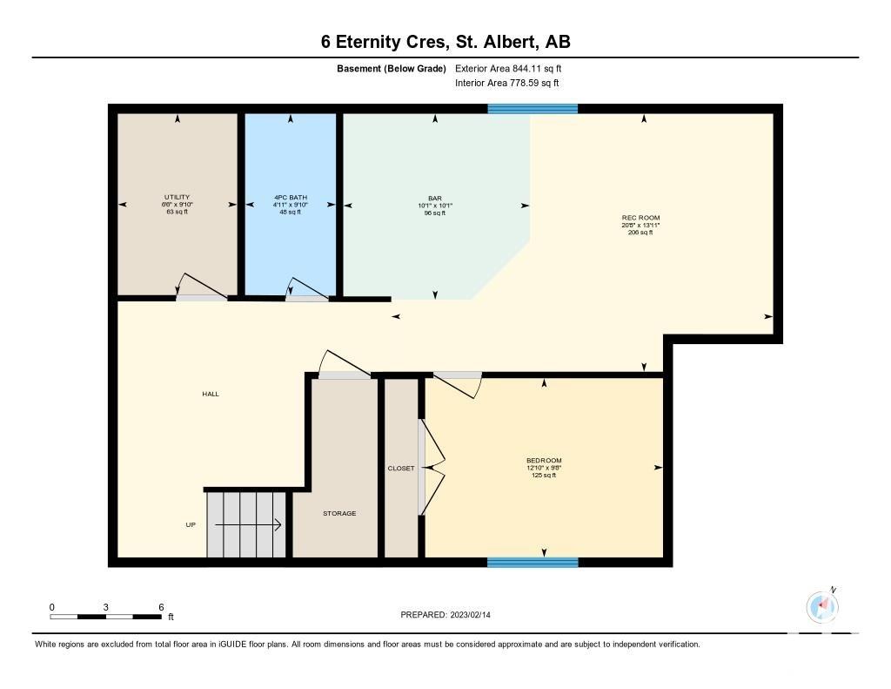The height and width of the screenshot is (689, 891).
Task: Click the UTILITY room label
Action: click(178, 197)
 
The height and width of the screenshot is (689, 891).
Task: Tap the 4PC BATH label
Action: click(291, 198)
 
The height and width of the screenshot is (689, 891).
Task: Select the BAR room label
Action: click(435, 199)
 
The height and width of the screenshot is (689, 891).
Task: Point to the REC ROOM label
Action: click(641, 218)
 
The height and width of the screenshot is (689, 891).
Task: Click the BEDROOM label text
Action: click(544, 460)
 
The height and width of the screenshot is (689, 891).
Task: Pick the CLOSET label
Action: click(401, 469)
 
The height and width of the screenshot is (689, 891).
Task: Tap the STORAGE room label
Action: click(340, 513)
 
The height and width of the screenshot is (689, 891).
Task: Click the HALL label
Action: click(211, 394)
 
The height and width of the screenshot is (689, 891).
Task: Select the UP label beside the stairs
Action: click(191, 524)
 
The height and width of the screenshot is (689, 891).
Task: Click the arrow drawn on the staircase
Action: click(248, 524)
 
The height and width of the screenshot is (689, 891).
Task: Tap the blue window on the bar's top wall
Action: click(533, 109)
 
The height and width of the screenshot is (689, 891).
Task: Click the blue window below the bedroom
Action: click(533, 563)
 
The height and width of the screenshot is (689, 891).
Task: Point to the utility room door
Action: click(202, 287)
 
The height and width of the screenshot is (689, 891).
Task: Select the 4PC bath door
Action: click(307, 289)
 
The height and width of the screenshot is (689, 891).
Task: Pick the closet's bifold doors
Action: click(432, 468)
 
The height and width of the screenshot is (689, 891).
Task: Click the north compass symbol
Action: click(822, 606)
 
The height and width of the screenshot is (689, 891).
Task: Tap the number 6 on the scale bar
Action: click(161, 607)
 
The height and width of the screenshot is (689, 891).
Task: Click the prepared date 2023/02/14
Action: click(471, 614)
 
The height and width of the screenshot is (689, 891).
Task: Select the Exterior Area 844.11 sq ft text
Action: click(508, 68)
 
